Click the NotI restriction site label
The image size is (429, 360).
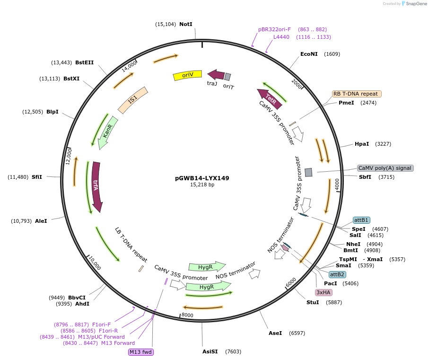tap(186, 24)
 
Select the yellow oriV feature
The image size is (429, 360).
tap(187, 75)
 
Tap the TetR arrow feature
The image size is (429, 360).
tap(270, 98)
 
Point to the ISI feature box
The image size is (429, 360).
tap(133, 100)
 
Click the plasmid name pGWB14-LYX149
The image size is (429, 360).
tap(202, 178)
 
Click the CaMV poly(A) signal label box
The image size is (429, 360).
tap(385, 168)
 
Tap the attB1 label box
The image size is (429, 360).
tap(361, 220)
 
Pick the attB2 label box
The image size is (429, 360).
tap(337, 274)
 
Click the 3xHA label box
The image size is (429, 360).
tap(323, 292)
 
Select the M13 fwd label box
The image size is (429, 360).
tap(141, 352)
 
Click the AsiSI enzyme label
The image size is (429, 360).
tap(210, 351)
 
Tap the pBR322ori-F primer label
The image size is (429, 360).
tap(274, 29)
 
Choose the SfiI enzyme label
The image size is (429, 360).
tap(37, 177)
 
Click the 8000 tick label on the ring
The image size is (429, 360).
tap(187, 315)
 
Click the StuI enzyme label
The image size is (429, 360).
tap(313, 302)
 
